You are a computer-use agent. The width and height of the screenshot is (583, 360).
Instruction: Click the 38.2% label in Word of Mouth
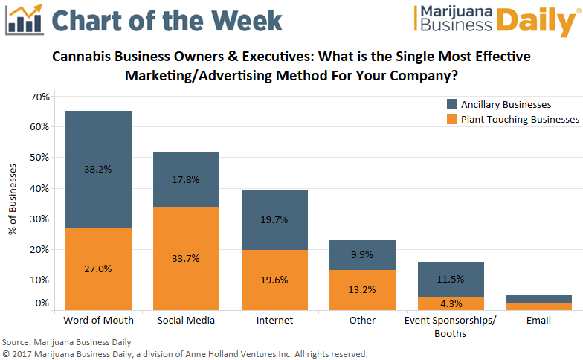click(x=98, y=169)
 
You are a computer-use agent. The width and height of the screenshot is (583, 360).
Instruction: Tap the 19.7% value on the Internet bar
click(x=274, y=219)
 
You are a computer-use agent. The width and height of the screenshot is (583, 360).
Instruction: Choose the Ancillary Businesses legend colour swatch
click(x=452, y=104)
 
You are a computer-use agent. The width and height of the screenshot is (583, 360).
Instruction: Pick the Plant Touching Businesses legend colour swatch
click(x=452, y=119)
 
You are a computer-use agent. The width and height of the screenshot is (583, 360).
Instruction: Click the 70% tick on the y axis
click(x=40, y=97)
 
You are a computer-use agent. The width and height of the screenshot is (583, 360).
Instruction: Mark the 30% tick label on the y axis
click(x=40, y=219)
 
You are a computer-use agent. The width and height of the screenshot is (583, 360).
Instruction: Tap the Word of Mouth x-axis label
click(x=98, y=321)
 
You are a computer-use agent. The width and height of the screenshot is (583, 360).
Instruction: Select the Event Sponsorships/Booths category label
click(x=450, y=327)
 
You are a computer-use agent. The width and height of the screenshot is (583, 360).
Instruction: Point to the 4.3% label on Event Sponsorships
click(x=450, y=303)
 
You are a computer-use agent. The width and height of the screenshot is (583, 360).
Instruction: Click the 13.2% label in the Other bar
click(x=361, y=290)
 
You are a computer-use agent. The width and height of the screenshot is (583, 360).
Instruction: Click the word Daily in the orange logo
click(x=535, y=24)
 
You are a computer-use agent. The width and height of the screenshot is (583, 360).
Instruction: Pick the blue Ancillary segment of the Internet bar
click(x=274, y=219)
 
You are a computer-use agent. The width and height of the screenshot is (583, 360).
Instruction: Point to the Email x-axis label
click(x=538, y=321)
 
